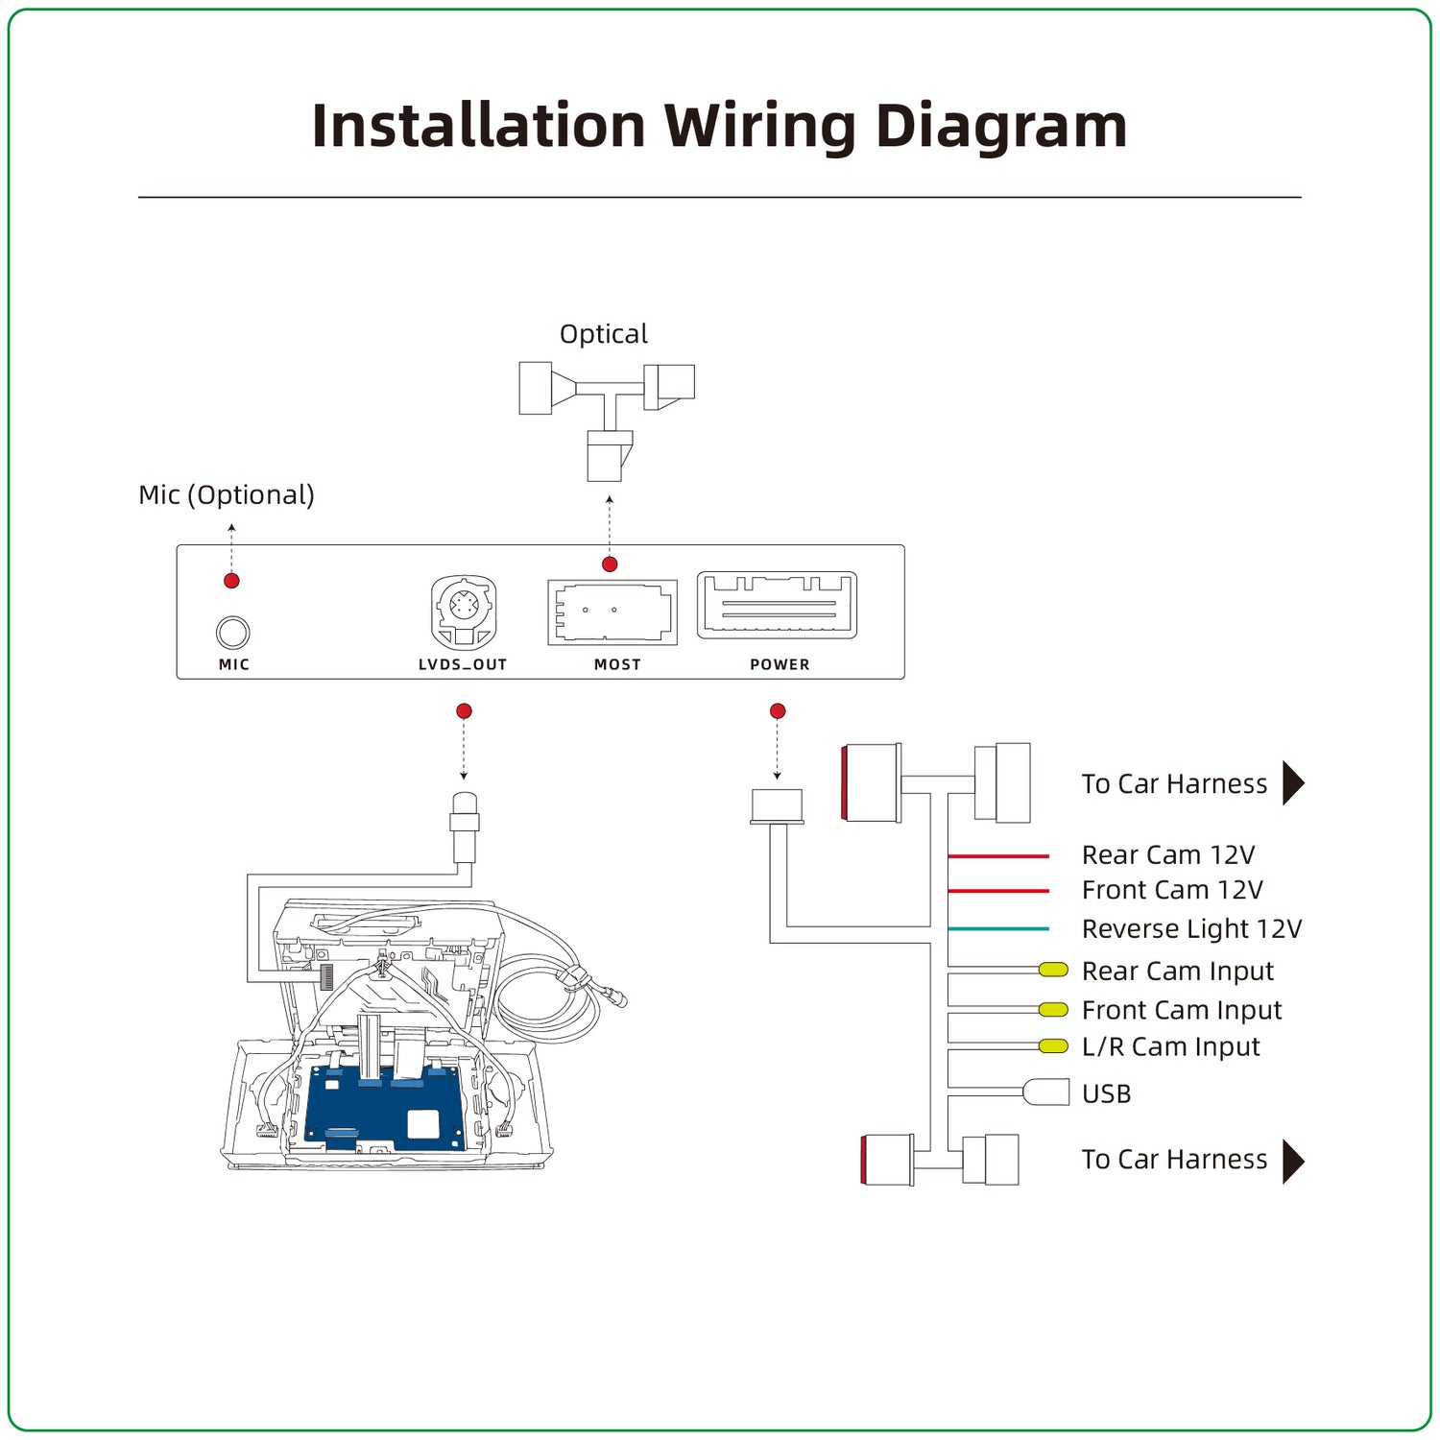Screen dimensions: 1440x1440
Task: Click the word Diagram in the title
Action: tap(1001, 127)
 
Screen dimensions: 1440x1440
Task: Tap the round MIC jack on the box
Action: tap(232, 633)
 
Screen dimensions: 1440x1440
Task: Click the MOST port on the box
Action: tap(612, 612)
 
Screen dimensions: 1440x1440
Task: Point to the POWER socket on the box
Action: tap(777, 606)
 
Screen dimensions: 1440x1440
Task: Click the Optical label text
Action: tap(603, 334)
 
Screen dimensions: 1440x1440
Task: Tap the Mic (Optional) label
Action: tap(227, 495)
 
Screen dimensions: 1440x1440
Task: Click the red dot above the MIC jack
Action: tap(231, 581)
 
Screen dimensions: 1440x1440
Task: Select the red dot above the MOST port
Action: tap(610, 564)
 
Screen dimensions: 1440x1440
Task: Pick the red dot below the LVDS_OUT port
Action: tap(464, 711)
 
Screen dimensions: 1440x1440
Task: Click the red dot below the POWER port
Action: tap(778, 711)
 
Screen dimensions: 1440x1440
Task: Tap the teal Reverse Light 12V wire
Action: tap(998, 929)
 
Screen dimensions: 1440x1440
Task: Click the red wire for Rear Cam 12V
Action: tap(998, 855)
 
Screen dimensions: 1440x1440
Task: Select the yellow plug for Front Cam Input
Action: tap(1054, 1010)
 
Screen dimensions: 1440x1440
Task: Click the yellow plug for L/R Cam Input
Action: tap(1054, 1046)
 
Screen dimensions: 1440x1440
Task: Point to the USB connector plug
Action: tap(1047, 1092)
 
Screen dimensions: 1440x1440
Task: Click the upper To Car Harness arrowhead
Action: tap(1293, 783)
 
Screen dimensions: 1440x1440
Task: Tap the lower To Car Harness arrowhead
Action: tap(1293, 1162)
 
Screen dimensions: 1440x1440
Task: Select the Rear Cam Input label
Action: tap(1177, 972)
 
